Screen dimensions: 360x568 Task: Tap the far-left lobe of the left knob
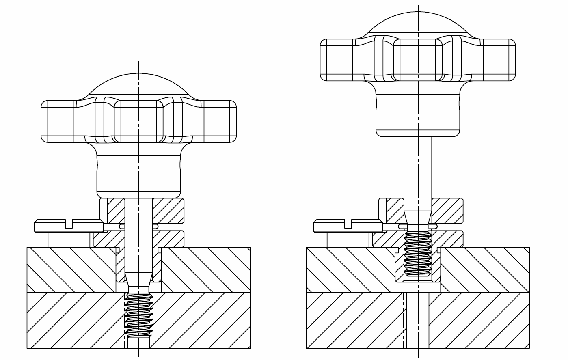click(57, 121)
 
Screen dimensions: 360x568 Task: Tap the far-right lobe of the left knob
click(220, 121)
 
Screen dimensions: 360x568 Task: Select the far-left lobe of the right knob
click(336, 60)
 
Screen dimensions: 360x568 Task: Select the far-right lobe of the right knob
click(499, 60)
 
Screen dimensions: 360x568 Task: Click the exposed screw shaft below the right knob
click(418, 170)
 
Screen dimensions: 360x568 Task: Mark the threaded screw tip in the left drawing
click(138, 315)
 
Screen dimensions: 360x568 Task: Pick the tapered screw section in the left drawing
click(138, 280)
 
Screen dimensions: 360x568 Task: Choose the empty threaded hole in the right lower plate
click(418, 321)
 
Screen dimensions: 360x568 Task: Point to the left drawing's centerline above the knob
click(138, 67)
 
